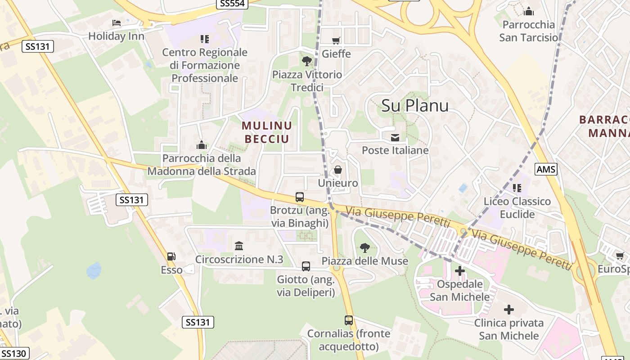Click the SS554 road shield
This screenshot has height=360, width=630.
[x=232, y=4]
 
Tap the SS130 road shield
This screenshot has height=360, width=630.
[x=14, y=353]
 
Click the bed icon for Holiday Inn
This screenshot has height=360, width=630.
[x=117, y=22]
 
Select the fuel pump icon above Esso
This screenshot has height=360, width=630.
[x=171, y=256]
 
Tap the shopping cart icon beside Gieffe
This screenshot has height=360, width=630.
[x=336, y=41]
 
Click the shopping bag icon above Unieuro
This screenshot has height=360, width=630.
[x=337, y=170]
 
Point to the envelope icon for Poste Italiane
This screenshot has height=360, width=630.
[x=395, y=137]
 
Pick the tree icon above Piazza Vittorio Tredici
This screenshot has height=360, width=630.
[x=307, y=61]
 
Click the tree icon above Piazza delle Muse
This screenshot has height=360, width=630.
[x=364, y=247]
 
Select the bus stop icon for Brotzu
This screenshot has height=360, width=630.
[x=300, y=197]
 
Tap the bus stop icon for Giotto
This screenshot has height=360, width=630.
[x=306, y=266]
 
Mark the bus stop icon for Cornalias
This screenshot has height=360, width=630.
[x=349, y=320]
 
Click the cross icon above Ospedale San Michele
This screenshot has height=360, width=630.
[x=459, y=271]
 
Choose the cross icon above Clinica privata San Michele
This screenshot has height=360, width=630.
[x=509, y=310]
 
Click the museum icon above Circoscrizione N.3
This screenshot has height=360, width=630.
[x=239, y=246]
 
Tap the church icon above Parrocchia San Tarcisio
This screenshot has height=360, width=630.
[x=529, y=11]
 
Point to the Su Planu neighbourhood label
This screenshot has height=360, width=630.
[x=415, y=105]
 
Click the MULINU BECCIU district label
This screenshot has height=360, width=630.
[x=267, y=132]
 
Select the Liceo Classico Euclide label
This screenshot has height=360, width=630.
[x=517, y=207]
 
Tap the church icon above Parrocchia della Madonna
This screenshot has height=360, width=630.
[x=202, y=145]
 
